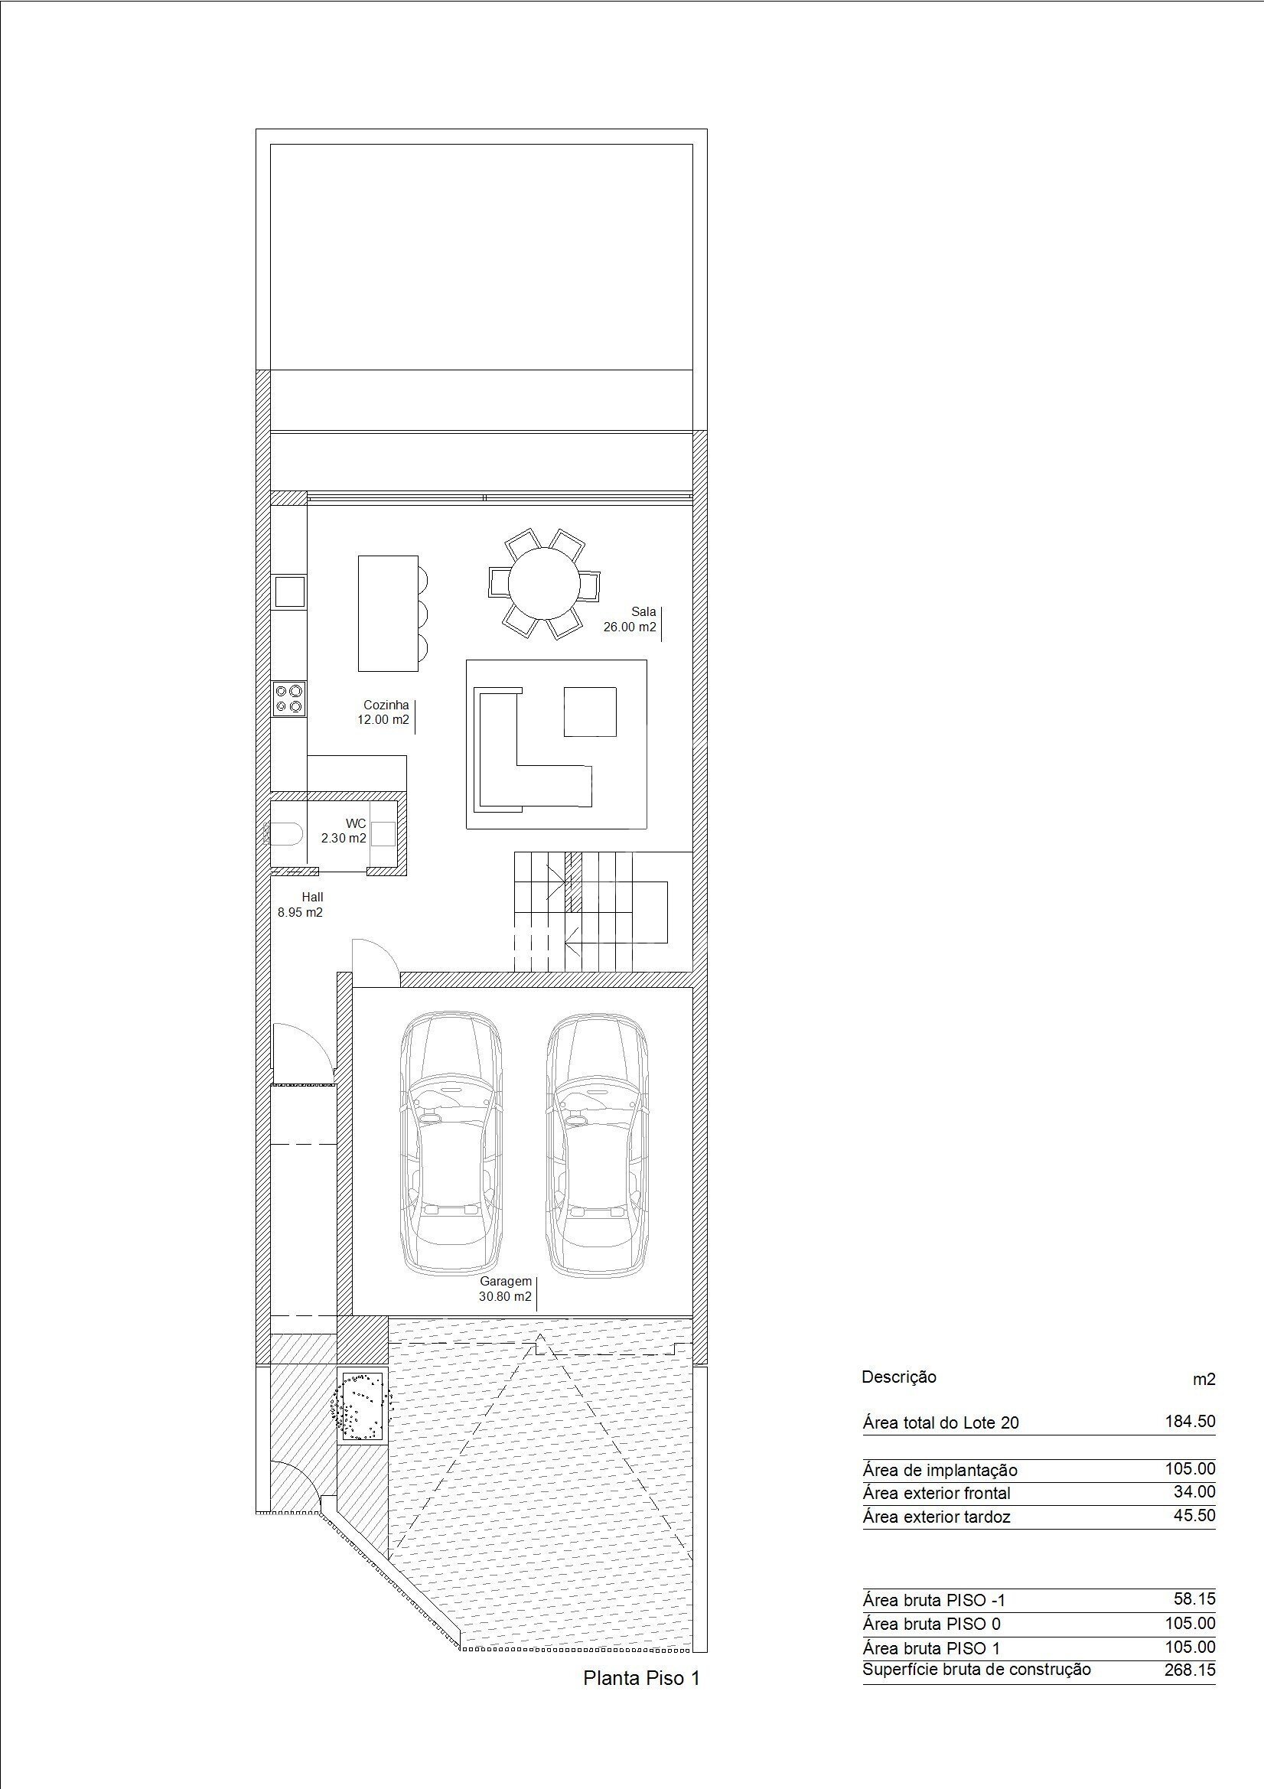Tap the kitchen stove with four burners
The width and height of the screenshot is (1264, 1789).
(x=288, y=698)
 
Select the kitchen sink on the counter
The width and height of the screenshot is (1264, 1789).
(x=288, y=591)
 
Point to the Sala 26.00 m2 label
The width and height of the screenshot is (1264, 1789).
(x=630, y=620)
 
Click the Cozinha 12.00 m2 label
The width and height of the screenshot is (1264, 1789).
(x=383, y=712)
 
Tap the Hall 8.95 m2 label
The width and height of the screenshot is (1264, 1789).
(x=301, y=904)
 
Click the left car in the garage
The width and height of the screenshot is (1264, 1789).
(x=451, y=1155)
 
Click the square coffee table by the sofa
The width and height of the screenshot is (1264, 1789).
(x=590, y=712)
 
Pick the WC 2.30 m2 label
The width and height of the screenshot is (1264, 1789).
(x=344, y=831)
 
